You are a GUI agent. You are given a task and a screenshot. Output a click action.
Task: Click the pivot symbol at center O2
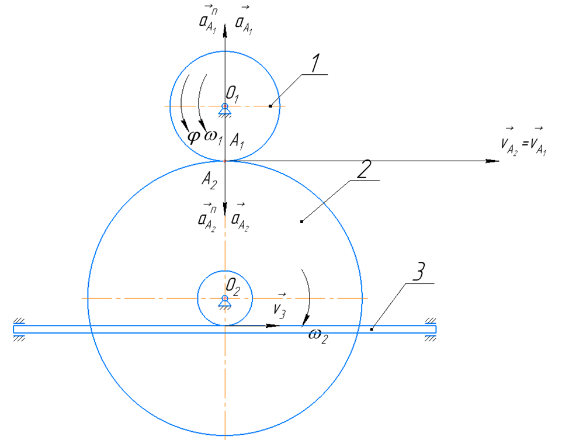click(x=225, y=302)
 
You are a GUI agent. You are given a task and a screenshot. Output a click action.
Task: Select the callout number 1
click(x=315, y=63)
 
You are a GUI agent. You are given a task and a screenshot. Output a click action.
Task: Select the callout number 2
click(x=364, y=169)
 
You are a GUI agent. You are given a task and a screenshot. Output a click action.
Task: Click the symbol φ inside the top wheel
click(x=193, y=137)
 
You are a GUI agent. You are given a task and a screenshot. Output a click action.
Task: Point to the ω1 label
click(x=213, y=137)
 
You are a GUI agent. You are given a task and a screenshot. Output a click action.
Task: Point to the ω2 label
click(x=318, y=335)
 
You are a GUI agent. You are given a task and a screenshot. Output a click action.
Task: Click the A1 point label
click(x=237, y=141)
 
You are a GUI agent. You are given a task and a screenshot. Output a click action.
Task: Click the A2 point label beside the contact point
click(x=209, y=180)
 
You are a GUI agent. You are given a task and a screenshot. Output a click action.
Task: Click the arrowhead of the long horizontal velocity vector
click(x=493, y=161)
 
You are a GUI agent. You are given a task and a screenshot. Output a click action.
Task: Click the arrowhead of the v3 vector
click(x=273, y=325)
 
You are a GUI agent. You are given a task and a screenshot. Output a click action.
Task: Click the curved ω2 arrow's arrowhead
click(x=306, y=320)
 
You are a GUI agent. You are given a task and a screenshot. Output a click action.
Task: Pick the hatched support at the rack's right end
click(x=431, y=330)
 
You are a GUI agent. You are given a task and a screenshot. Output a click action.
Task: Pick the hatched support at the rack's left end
click(x=19, y=330)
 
